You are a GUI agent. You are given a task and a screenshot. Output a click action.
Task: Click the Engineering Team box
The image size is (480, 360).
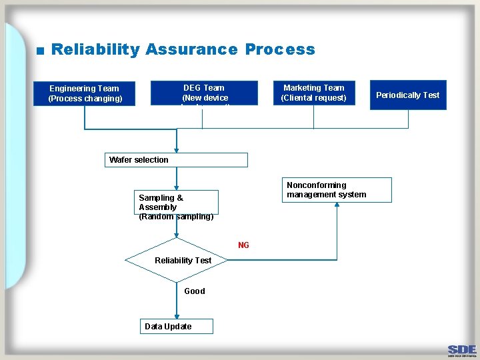tap(84, 93)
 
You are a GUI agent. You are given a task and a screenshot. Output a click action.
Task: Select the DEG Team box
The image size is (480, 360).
tap(204, 93)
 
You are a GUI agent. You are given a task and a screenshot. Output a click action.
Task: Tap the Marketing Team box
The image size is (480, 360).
tap(313, 93)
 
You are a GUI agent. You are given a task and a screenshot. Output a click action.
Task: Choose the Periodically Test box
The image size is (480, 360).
tap(407, 95)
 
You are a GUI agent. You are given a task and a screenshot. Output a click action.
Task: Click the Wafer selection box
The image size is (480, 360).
tap(177, 160)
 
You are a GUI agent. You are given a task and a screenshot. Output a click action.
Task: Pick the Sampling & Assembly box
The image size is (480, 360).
tap(177, 203)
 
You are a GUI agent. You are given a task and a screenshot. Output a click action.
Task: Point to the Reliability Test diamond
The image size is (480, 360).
tap(177, 260)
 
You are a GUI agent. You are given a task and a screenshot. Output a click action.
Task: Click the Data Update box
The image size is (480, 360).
tap(177, 326)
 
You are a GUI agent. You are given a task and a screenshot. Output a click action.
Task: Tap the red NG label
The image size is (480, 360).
tap(243, 245)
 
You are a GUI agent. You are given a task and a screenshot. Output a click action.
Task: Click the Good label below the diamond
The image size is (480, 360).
tap(194, 291)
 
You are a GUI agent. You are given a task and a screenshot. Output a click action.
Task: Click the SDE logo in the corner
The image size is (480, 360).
tap(461, 349)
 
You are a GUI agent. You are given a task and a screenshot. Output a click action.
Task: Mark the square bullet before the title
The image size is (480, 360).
tap(40, 51)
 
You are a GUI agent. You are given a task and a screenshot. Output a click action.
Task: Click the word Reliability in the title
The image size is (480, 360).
tap(95, 49)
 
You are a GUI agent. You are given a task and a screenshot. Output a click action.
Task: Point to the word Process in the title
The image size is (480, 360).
tap(280, 49)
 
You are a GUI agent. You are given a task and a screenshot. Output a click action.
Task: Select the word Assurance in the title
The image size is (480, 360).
tap(191, 49)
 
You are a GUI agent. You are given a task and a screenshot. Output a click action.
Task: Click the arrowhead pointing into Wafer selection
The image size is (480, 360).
tap(177, 149)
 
